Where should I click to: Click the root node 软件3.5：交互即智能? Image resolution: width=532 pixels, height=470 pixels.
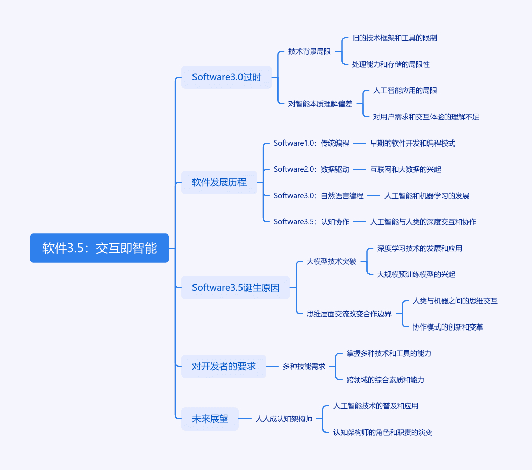[x=100, y=248]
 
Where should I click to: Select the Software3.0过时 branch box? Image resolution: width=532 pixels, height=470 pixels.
[x=226, y=77]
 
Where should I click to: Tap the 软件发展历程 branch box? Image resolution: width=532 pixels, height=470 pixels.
[x=219, y=182]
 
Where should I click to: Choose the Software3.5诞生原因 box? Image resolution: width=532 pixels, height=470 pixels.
[x=235, y=288]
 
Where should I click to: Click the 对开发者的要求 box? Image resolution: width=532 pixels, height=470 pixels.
[x=224, y=366]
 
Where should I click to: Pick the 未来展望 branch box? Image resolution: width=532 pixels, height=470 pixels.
[x=210, y=419]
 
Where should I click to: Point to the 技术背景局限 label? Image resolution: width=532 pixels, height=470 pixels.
[x=310, y=51]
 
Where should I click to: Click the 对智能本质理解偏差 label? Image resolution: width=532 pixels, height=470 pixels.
[x=320, y=104]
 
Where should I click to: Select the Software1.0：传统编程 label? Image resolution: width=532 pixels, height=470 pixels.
[x=311, y=143]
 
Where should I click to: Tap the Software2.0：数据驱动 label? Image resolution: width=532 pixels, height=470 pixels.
[x=311, y=169]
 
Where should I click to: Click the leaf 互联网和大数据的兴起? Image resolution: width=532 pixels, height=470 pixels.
[x=406, y=169]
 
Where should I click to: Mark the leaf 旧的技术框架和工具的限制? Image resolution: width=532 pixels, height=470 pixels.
[x=394, y=38]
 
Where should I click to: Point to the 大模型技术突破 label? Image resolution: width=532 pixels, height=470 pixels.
[x=331, y=261]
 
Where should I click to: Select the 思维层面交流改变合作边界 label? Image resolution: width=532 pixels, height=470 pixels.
[x=349, y=314]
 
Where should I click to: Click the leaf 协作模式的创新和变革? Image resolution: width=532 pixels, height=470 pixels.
[x=448, y=327]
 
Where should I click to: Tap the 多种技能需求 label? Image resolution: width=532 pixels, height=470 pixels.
[x=304, y=366]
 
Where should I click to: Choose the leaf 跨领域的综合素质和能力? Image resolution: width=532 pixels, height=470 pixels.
[x=385, y=380]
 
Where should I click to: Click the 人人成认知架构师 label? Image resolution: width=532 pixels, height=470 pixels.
[x=284, y=419]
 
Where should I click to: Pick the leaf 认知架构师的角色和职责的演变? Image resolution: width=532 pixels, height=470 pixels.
[x=383, y=432]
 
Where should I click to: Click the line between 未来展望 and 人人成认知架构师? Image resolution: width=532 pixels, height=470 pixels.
[x=245, y=419]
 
